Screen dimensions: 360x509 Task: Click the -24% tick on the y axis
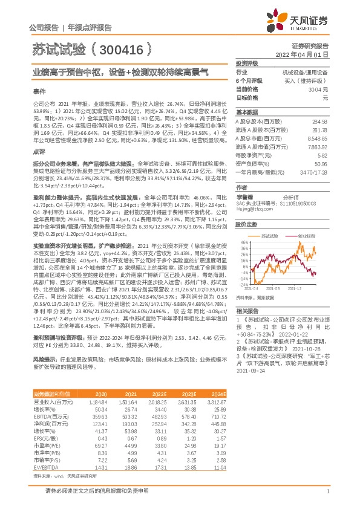tap(241, 284)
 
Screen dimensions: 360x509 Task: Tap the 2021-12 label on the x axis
tap(311, 289)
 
